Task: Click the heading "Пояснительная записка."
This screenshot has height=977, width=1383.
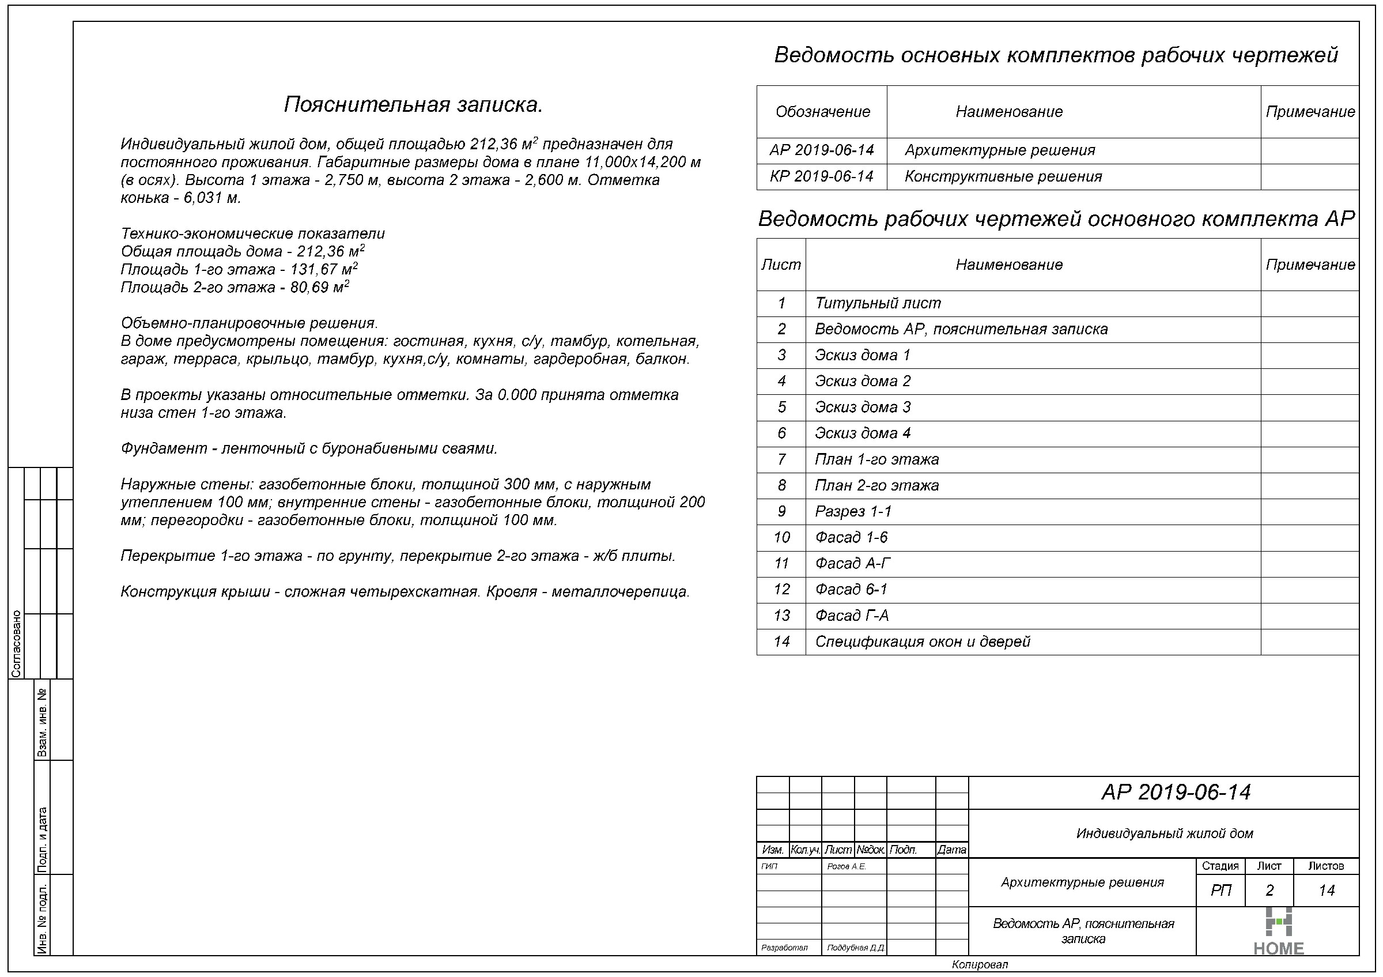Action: pyautogui.click(x=413, y=105)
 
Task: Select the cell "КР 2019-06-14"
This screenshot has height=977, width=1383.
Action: pyautogui.click(x=822, y=176)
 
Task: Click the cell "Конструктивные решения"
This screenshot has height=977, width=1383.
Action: pyautogui.click(x=1003, y=176)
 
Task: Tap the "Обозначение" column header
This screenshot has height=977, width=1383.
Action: pyautogui.click(x=822, y=112)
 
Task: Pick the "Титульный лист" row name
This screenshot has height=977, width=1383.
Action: pyautogui.click(x=878, y=304)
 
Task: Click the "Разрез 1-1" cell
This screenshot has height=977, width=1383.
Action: pyautogui.click(x=853, y=512)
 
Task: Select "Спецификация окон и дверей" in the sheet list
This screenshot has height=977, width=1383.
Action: pyautogui.click(x=922, y=642)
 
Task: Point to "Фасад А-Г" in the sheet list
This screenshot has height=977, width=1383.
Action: pyautogui.click(x=852, y=564)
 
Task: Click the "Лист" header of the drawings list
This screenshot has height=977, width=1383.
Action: pyautogui.click(x=781, y=265)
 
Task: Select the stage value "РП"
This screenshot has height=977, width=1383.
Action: pyautogui.click(x=1220, y=891)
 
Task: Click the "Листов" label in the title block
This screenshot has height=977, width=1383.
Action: pyautogui.click(x=1326, y=866)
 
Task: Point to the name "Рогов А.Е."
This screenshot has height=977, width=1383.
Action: pyautogui.click(x=847, y=867)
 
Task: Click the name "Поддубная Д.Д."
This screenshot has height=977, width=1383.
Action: pyautogui.click(x=855, y=948)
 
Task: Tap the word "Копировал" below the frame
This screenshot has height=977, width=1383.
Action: pyautogui.click(x=980, y=965)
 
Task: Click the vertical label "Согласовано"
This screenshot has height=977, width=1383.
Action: pyautogui.click(x=16, y=644)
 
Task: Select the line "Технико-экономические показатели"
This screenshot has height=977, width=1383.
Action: pyautogui.click(x=252, y=233)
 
